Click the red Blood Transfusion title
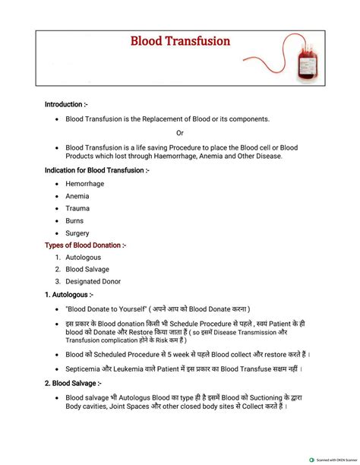click(180, 42)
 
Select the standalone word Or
click(179, 133)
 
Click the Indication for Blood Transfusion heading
click(96, 170)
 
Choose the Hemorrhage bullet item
click(84, 183)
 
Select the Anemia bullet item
click(77, 196)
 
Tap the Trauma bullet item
click(77, 208)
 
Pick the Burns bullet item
click(75, 221)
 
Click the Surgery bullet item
click(77, 233)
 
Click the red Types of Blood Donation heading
click(85, 245)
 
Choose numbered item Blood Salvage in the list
click(87, 269)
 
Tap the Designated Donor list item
click(93, 281)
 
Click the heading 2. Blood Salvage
click(74, 384)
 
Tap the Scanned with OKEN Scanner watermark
click(334, 460)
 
